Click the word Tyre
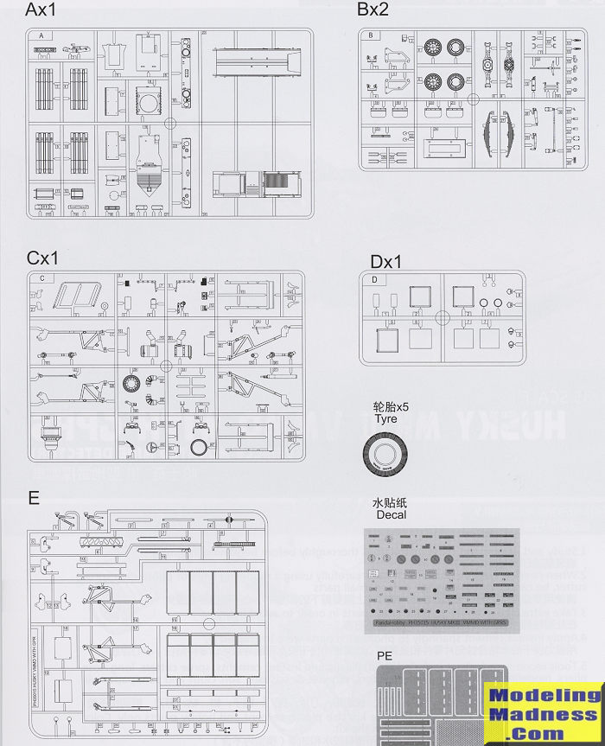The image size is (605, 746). [385, 419]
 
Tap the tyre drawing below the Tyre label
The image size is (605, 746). [387, 453]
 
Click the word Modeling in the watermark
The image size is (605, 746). [544, 697]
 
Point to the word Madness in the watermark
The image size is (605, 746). [544, 715]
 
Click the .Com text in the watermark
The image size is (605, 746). [544, 733]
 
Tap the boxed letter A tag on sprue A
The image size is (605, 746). [41, 35]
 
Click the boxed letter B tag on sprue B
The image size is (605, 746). [370, 35]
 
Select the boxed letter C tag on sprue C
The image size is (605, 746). [41, 278]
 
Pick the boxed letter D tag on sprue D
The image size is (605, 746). [373, 280]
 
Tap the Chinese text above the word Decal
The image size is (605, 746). [390, 502]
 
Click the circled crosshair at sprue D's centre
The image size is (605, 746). [443, 318]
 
